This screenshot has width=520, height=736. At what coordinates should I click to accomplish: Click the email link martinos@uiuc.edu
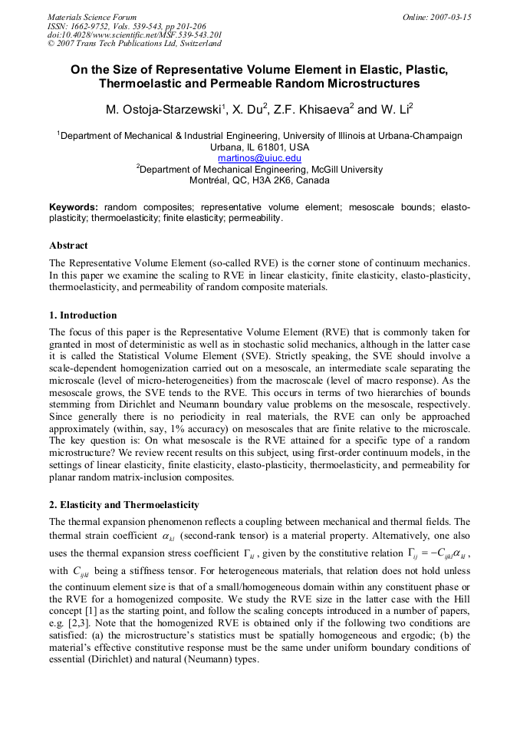(x=259, y=158)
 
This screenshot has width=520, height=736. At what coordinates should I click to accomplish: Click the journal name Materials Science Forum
(x=92, y=16)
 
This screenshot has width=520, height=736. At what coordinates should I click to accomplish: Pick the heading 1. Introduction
(x=83, y=315)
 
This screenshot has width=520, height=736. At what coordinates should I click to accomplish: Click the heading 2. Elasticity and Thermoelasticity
(x=123, y=505)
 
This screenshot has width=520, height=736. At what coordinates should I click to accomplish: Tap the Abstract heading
(x=68, y=246)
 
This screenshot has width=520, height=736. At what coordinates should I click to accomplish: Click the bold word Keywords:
(x=74, y=207)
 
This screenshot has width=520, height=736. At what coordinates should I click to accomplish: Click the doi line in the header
(x=135, y=35)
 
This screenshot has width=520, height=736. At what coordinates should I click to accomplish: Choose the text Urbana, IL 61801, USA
(x=259, y=147)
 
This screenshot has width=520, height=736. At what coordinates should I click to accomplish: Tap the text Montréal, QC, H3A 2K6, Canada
(x=259, y=181)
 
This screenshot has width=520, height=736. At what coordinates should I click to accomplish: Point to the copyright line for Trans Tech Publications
(x=134, y=44)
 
